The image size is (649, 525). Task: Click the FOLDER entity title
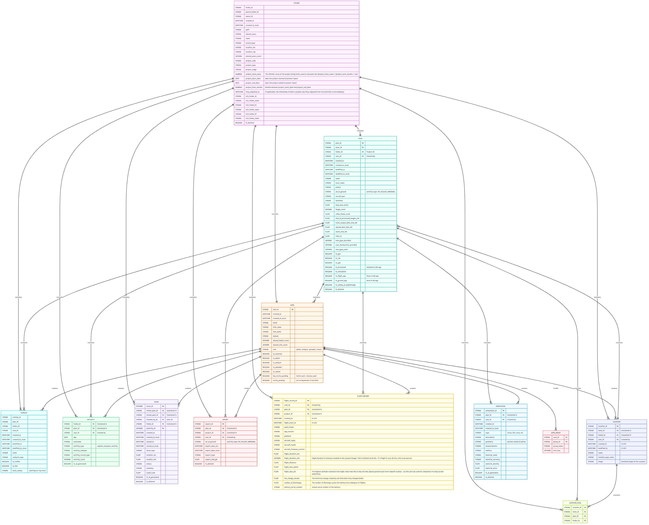296,3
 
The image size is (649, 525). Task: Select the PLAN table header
360,139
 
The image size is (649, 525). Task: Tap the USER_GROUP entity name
556,433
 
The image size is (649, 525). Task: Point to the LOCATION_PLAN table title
575,503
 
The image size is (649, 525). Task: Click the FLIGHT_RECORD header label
363,396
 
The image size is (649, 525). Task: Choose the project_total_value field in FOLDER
253,74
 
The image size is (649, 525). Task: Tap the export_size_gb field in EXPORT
211,459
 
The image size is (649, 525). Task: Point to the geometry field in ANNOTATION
489,442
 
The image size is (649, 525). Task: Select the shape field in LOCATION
600,462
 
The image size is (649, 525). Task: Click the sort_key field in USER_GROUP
557,451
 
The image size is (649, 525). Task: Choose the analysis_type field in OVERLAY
18,457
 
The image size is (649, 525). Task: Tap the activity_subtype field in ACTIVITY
80,451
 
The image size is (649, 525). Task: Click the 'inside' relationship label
556,388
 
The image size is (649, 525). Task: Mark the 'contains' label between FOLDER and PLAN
360,131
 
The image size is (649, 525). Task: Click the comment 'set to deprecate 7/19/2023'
307,380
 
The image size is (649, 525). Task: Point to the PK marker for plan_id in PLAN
363,143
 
